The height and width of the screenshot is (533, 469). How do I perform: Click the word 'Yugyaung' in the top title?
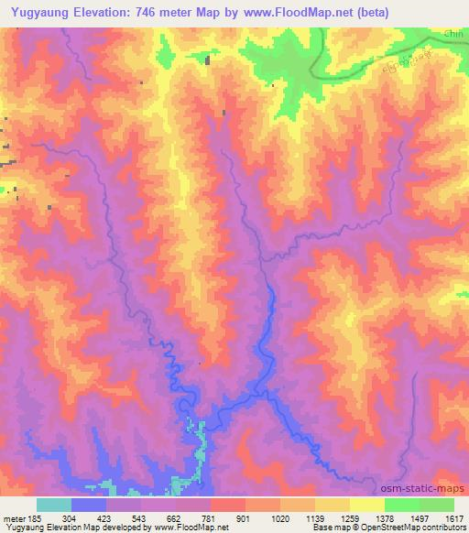(41, 13)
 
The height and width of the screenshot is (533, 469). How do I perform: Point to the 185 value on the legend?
(34, 518)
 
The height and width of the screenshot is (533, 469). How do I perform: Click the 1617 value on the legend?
(454, 518)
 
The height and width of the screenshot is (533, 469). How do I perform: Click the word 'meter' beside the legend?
(13, 518)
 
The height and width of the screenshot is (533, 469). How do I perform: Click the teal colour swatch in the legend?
(53, 505)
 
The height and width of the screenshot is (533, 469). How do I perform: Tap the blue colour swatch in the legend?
(89, 505)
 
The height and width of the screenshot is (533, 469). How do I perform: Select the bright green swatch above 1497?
(402, 505)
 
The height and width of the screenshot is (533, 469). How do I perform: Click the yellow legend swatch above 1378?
(367, 505)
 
